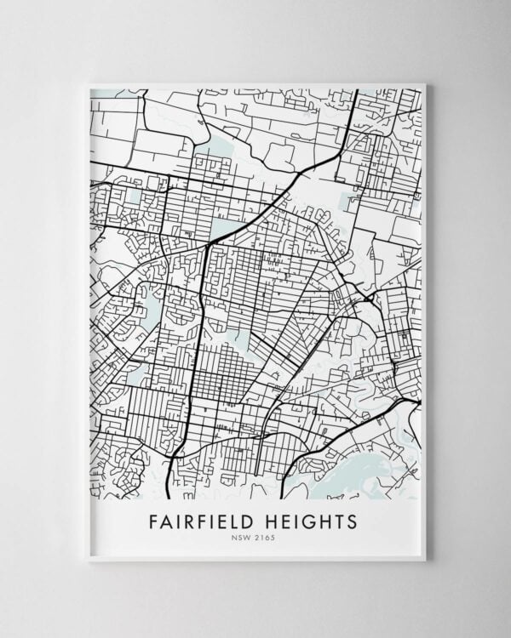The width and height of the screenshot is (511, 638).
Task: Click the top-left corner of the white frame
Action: (88, 83)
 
